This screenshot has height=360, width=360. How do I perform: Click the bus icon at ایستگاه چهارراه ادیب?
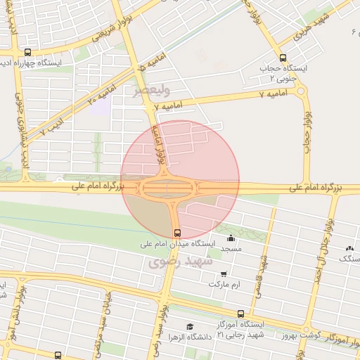(x=27, y=52)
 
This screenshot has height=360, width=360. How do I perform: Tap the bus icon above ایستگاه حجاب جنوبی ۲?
(x=283, y=58)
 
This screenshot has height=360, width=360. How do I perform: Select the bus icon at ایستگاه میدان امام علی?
(x=176, y=232)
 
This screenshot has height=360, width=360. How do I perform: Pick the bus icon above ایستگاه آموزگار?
(x=240, y=314)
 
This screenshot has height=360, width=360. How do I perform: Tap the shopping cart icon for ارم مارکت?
(x=224, y=274)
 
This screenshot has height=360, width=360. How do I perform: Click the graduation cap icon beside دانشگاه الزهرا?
(x=189, y=326)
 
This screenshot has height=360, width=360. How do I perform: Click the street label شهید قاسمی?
(x=263, y=271)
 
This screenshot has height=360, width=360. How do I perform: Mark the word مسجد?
(x=231, y=249)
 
